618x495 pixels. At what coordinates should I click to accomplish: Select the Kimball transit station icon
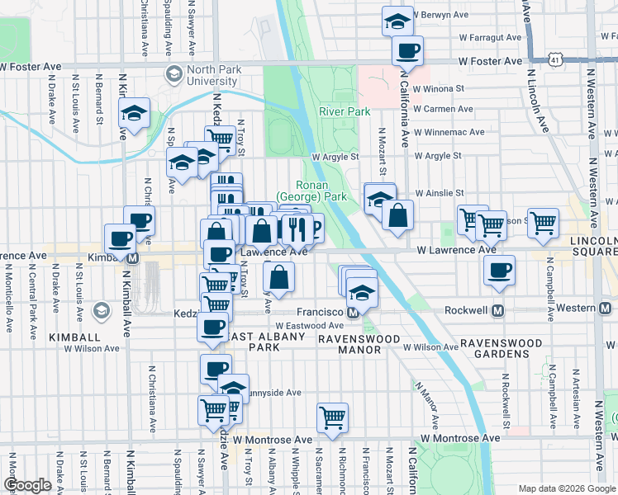pos(133,257)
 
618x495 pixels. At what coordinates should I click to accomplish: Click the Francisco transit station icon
pos(352,313)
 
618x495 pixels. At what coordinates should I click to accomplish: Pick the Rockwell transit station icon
pos(497,310)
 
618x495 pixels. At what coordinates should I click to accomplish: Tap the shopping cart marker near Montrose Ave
pos(332,417)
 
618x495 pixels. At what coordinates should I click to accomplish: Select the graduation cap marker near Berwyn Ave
pos(397,21)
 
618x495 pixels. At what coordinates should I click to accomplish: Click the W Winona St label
pos(439,87)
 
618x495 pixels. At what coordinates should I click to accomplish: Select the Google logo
pos(28,485)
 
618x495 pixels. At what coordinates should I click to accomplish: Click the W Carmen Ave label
pos(443,109)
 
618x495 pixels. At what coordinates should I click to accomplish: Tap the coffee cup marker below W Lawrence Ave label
pos(499,271)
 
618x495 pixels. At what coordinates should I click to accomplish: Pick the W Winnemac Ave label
pos(449,132)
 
